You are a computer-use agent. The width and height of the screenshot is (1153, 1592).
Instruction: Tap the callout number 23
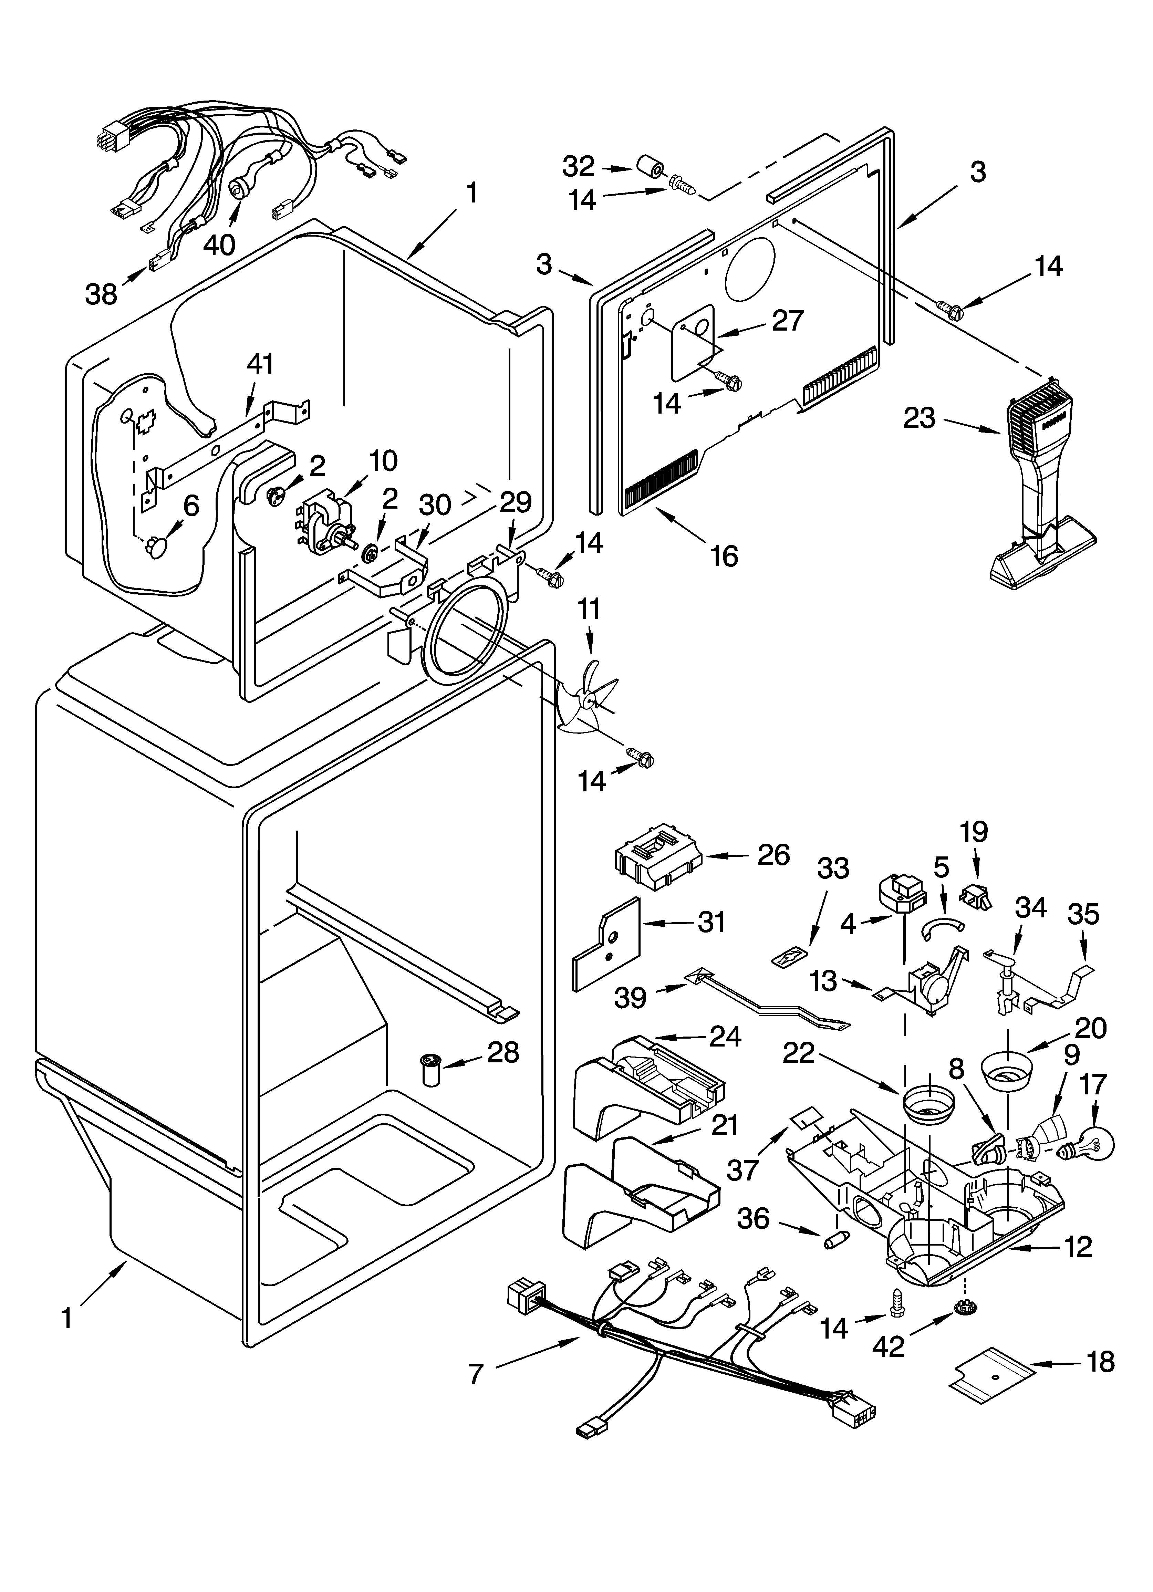(x=919, y=418)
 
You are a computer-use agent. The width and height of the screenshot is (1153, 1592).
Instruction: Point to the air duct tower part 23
(x=1041, y=491)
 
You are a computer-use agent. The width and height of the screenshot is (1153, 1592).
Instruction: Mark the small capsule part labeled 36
(x=835, y=1240)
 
